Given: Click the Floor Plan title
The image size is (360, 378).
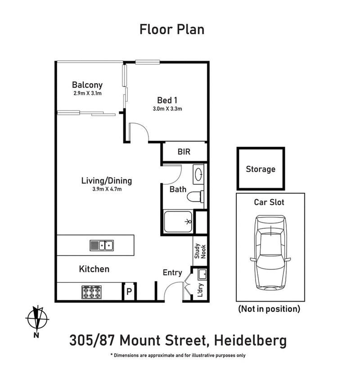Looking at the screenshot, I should coord(172,30).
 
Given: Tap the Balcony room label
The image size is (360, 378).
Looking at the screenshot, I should coord(87,84).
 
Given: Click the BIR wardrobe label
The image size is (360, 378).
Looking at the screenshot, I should coord(184,152).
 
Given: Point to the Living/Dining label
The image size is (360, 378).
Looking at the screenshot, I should coord(106,181).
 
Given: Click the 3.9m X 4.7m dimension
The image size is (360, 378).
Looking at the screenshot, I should coord(106,189).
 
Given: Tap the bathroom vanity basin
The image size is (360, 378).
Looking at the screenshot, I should coord(198,174).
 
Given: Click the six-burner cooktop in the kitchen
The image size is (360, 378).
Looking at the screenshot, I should coord(91,293).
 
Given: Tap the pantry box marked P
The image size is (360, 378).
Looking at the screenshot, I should coord(129,292).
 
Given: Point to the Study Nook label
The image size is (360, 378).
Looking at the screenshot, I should coord(199,251).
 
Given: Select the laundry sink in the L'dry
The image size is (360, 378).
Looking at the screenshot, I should coord(201,273).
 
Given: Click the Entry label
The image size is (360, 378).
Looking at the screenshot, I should coord(172,272).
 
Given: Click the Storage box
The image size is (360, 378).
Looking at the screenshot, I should coord(261,169).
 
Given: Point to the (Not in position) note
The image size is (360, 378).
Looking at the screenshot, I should coord(269,309).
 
